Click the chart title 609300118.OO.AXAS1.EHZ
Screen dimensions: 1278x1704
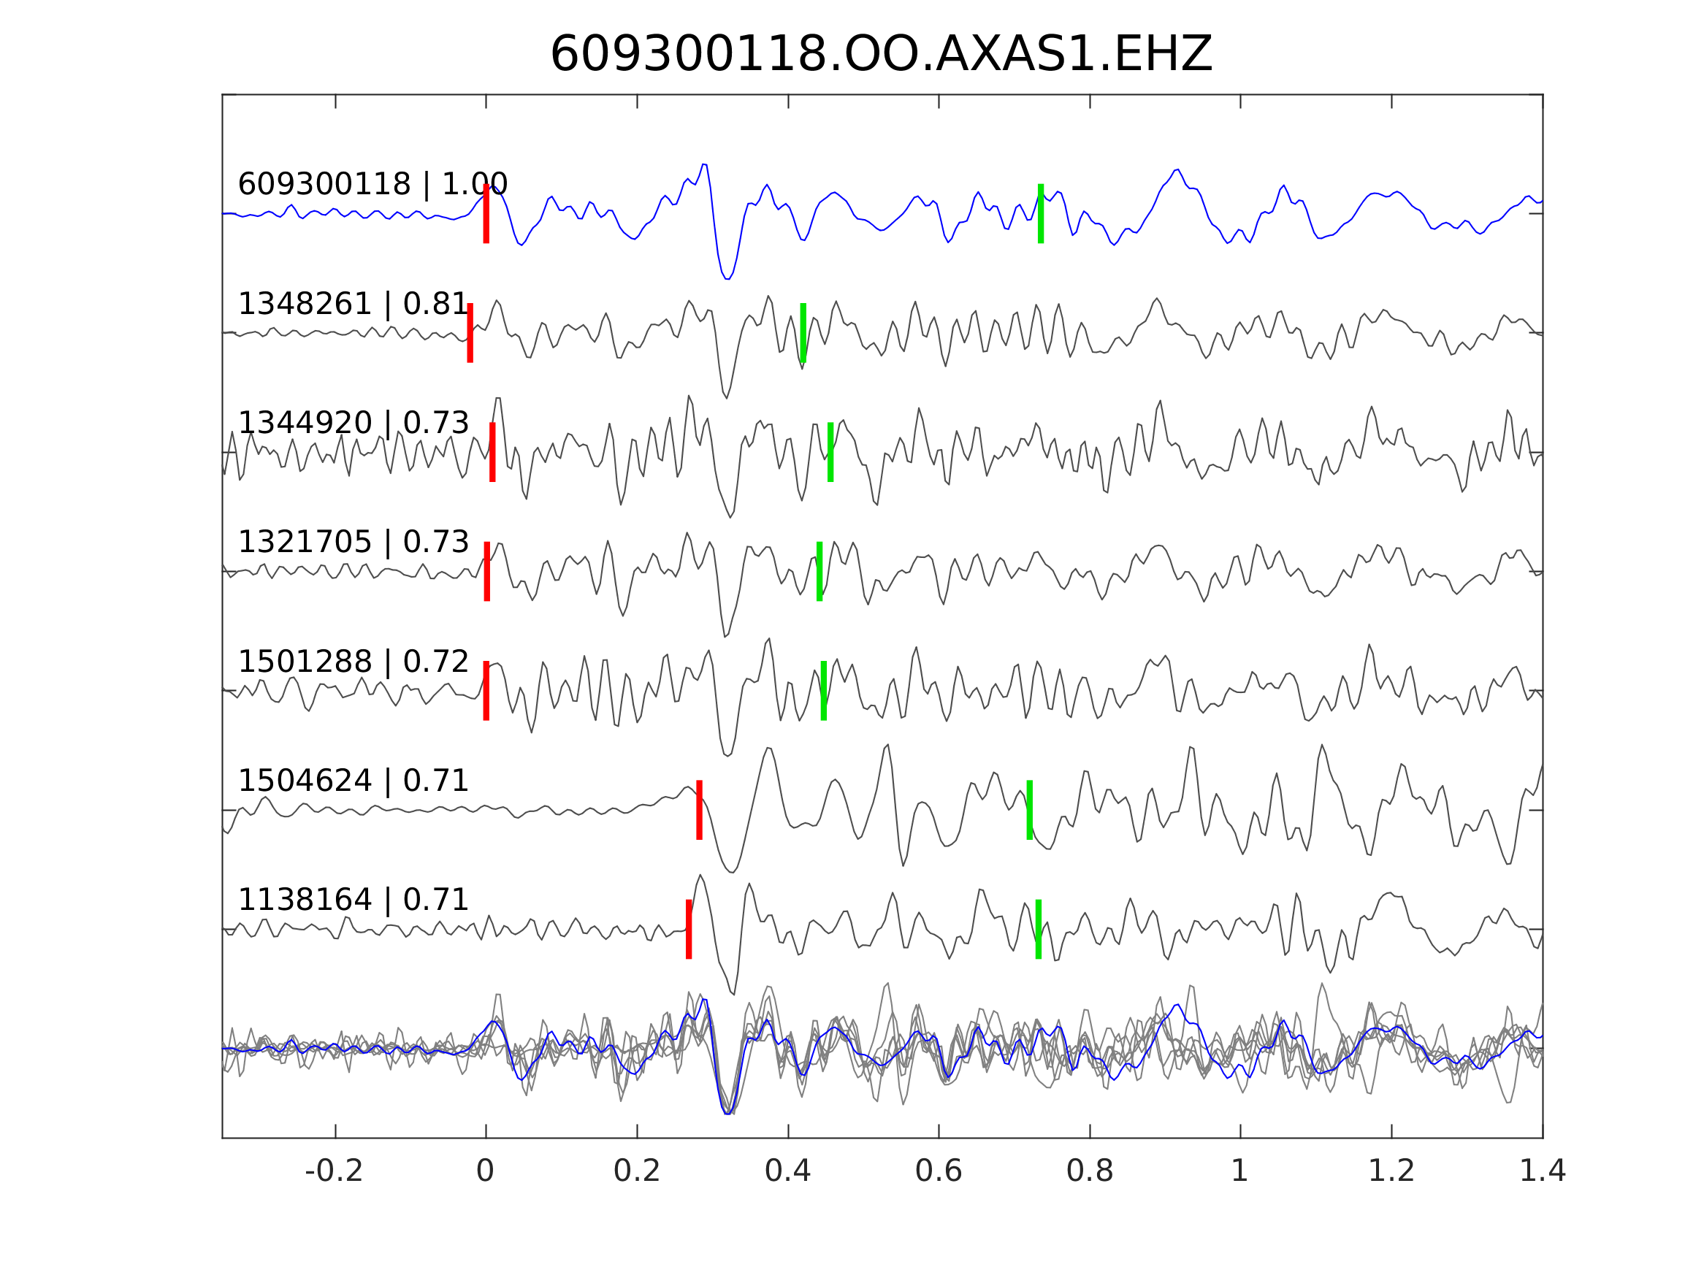coord(881,55)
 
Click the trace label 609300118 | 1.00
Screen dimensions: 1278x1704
coord(372,185)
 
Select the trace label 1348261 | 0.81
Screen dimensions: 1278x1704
coord(353,305)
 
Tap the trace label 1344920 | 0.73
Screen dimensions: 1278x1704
coord(353,423)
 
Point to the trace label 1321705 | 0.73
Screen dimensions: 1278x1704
coord(353,543)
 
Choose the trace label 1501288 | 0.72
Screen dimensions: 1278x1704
coord(353,662)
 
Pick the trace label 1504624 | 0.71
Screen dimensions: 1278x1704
coord(353,781)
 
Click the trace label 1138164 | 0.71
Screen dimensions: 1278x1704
coord(353,900)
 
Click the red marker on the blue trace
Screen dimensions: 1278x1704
coord(486,213)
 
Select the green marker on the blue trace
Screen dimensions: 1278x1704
coord(1041,213)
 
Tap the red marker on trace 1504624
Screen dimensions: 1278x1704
coord(700,811)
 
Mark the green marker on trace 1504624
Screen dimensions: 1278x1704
coord(1030,811)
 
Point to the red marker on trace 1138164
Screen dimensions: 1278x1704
coord(689,929)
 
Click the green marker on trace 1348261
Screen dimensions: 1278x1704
coord(803,333)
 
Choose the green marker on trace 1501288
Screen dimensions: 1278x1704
coord(823,691)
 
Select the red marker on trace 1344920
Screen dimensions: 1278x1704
coord(492,452)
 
